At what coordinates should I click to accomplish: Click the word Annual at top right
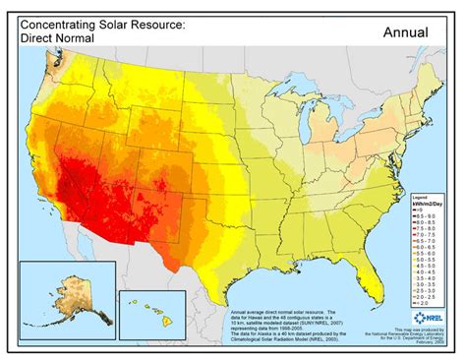406,31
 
